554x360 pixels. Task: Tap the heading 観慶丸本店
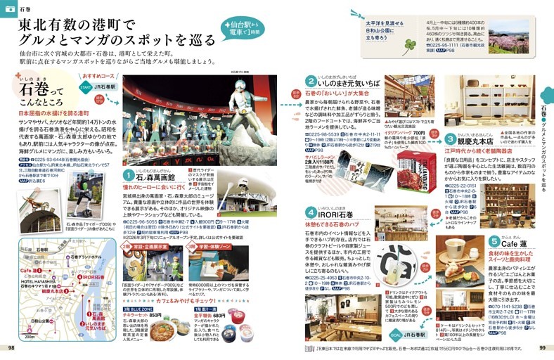click(481, 139)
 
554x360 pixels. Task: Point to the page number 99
click(542, 347)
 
